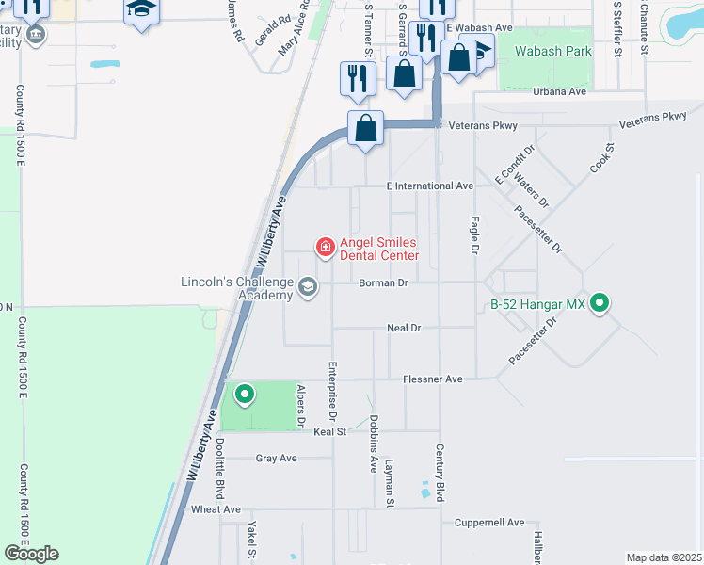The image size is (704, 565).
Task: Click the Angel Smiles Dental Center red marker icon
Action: pyautogui.click(x=325, y=248)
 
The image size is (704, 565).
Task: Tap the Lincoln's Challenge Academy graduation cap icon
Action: pyautogui.click(x=308, y=286)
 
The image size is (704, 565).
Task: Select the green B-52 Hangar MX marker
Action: pyautogui.click(x=599, y=303)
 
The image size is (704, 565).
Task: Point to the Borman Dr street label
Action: pyautogui.click(x=382, y=282)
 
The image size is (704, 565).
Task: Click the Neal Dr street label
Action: pyautogui.click(x=403, y=328)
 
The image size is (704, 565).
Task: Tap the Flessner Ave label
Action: pyautogui.click(x=432, y=379)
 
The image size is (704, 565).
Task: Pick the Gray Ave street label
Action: pyautogui.click(x=276, y=459)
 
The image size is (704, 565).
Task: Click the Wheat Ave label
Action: pyautogui.click(x=216, y=508)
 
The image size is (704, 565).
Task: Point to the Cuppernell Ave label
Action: pyautogui.click(x=488, y=522)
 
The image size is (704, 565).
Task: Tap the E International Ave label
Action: pyautogui.click(x=430, y=186)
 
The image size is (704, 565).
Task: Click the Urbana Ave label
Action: pyautogui.click(x=559, y=91)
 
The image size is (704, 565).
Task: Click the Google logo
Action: pyautogui.click(x=31, y=554)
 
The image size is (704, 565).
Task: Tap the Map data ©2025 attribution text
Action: pyautogui.click(x=664, y=557)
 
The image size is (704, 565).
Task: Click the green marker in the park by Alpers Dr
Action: pyautogui.click(x=244, y=395)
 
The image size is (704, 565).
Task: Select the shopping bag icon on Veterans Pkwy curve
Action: pyautogui.click(x=365, y=127)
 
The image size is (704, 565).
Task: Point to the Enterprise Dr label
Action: pyautogui.click(x=332, y=389)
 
